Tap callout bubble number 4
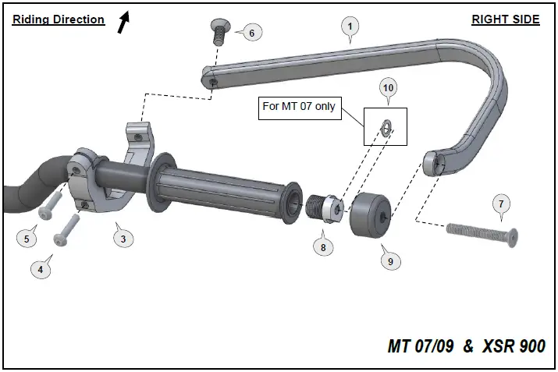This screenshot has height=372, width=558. tap(41, 270)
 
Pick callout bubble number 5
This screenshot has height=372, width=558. tap(27, 239)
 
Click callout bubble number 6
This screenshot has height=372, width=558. tap(251, 33)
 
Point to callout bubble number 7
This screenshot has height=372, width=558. tap(502, 204)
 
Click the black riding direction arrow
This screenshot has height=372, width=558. tap(123, 22)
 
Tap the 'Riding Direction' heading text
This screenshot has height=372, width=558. tap(59, 19)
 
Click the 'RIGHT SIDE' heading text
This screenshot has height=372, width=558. tap(505, 19)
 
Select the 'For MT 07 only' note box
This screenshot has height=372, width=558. tap(298, 106)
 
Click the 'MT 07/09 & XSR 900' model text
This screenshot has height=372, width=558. tap(466, 345)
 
